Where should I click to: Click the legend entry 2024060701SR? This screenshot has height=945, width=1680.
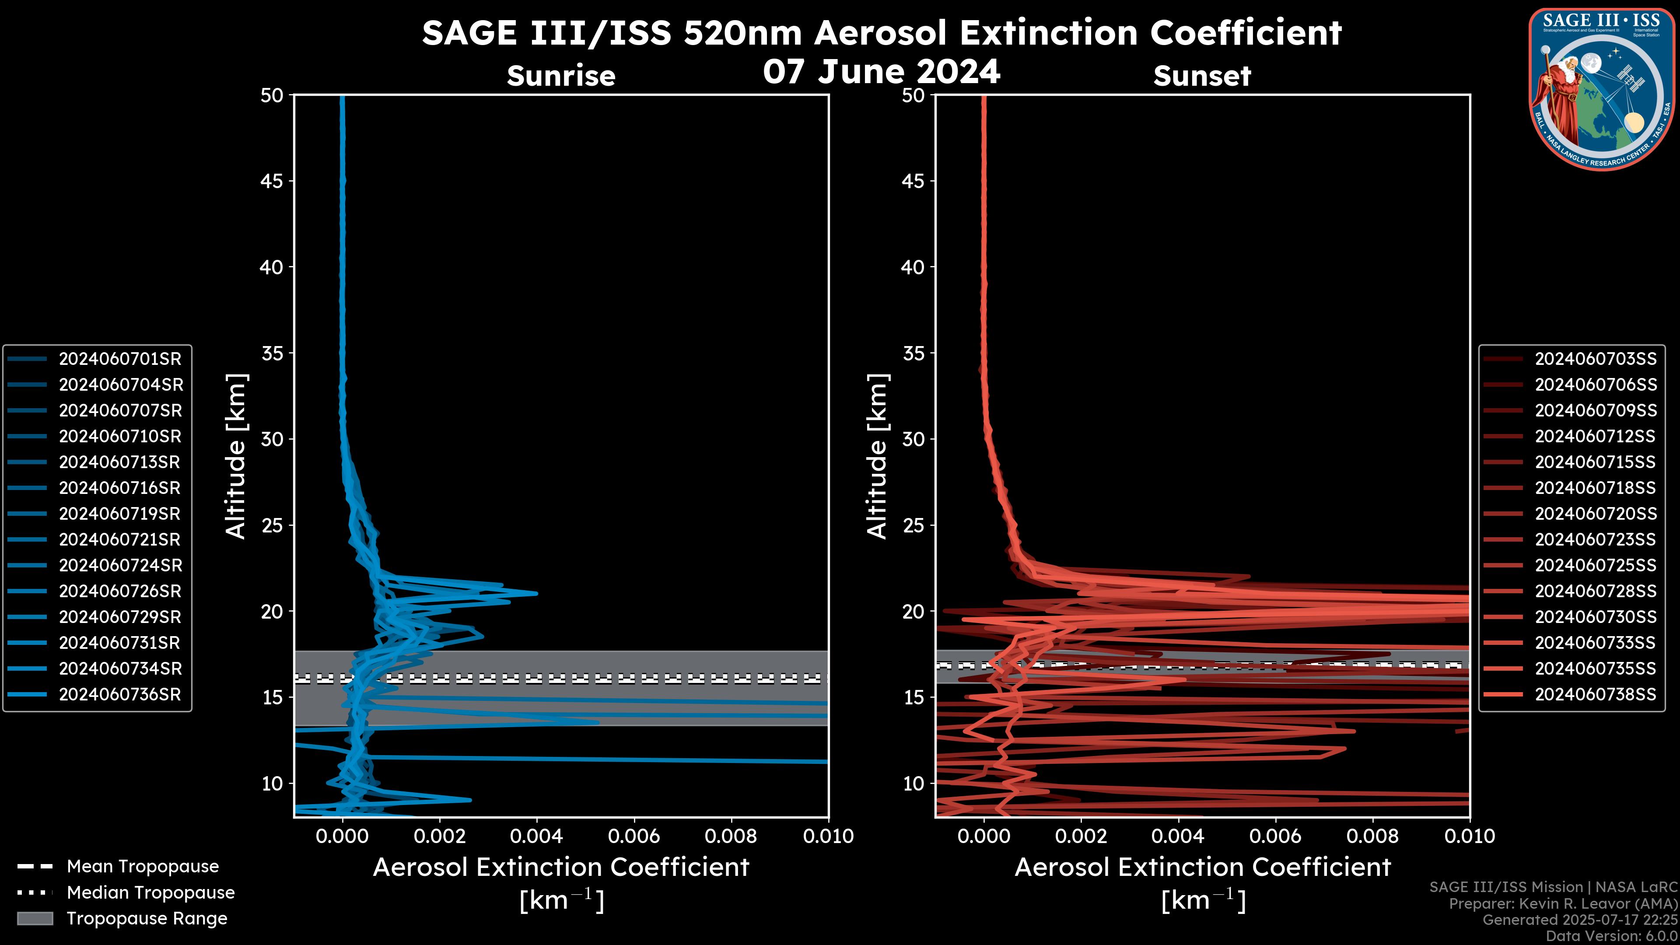(x=120, y=359)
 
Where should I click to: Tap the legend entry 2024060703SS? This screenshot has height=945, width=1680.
(x=1595, y=359)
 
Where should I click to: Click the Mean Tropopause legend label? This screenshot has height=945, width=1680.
(x=143, y=866)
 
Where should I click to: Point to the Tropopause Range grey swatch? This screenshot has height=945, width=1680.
(x=35, y=918)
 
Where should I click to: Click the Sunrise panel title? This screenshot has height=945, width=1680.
(x=561, y=76)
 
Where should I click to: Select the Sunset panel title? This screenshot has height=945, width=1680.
(x=1202, y=76)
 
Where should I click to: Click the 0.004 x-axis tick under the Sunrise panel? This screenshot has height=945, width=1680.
(x=536, y=836)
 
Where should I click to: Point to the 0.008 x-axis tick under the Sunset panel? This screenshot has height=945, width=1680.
(x=1373, y=836)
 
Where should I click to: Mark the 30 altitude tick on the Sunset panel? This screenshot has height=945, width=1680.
(x=913, y=439)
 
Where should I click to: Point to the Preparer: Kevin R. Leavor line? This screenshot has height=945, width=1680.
(x=1563, y=904)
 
